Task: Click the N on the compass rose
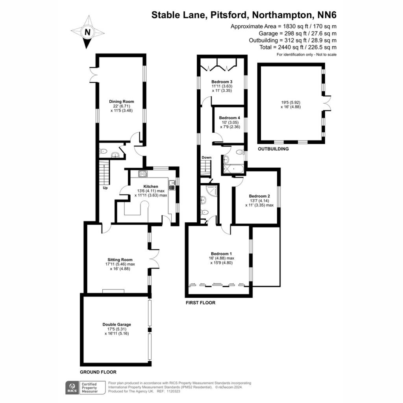click(x=88, y=32)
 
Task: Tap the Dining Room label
click(x=122, y=102)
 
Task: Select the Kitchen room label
click(x=151, y=186)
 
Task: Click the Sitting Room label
click(x=120, y=260)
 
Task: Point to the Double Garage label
click(x=116, y=324)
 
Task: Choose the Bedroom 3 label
click(x=222, y=82)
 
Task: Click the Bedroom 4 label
click(x=229, y=118)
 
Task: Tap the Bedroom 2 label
click(x=259, y=196)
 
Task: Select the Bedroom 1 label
click(x=221, y=254)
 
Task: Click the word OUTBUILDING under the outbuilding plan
click(x=273, y=149)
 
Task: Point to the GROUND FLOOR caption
click(x=98, y=372)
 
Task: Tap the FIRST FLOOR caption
click(x=200, y=303)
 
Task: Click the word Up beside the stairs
click(x=105, y=188)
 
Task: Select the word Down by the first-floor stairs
click(x=206, y=157)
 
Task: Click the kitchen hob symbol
click(x=143, y=174)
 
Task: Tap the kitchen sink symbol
click(x=172, y=185)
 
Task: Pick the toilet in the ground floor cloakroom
click(x=104, y=151)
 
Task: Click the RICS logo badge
click(x=72, y=388)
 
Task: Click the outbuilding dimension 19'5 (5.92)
click(x=291, y=102)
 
